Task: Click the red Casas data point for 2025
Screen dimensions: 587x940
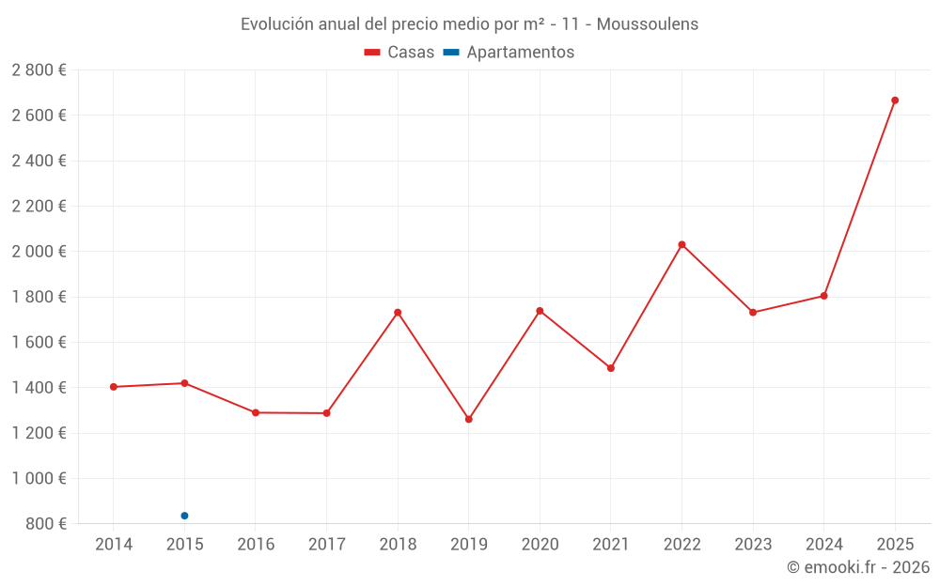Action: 895,100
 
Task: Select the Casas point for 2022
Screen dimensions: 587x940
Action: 681,244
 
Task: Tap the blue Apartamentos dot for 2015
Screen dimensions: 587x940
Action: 184,516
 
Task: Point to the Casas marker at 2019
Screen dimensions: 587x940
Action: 468,419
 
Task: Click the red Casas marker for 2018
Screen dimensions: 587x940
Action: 398,313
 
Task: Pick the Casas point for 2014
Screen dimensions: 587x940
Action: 113,387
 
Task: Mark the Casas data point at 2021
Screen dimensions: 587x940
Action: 611,368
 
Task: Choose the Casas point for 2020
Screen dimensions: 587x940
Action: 540,311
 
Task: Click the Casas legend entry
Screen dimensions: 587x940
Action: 399,53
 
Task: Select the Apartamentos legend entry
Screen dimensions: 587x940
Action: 509,53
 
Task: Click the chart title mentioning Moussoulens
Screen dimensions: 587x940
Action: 469,24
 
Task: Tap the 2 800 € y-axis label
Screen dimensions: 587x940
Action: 39,70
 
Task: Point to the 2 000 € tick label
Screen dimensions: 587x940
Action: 39,252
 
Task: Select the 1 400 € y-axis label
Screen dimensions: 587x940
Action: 39,388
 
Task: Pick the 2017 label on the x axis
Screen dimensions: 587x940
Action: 326,545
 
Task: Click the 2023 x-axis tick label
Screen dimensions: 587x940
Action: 753,545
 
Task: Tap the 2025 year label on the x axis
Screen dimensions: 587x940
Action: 895,545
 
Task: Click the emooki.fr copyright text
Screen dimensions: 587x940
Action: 857,567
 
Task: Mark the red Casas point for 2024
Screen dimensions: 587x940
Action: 823,296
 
